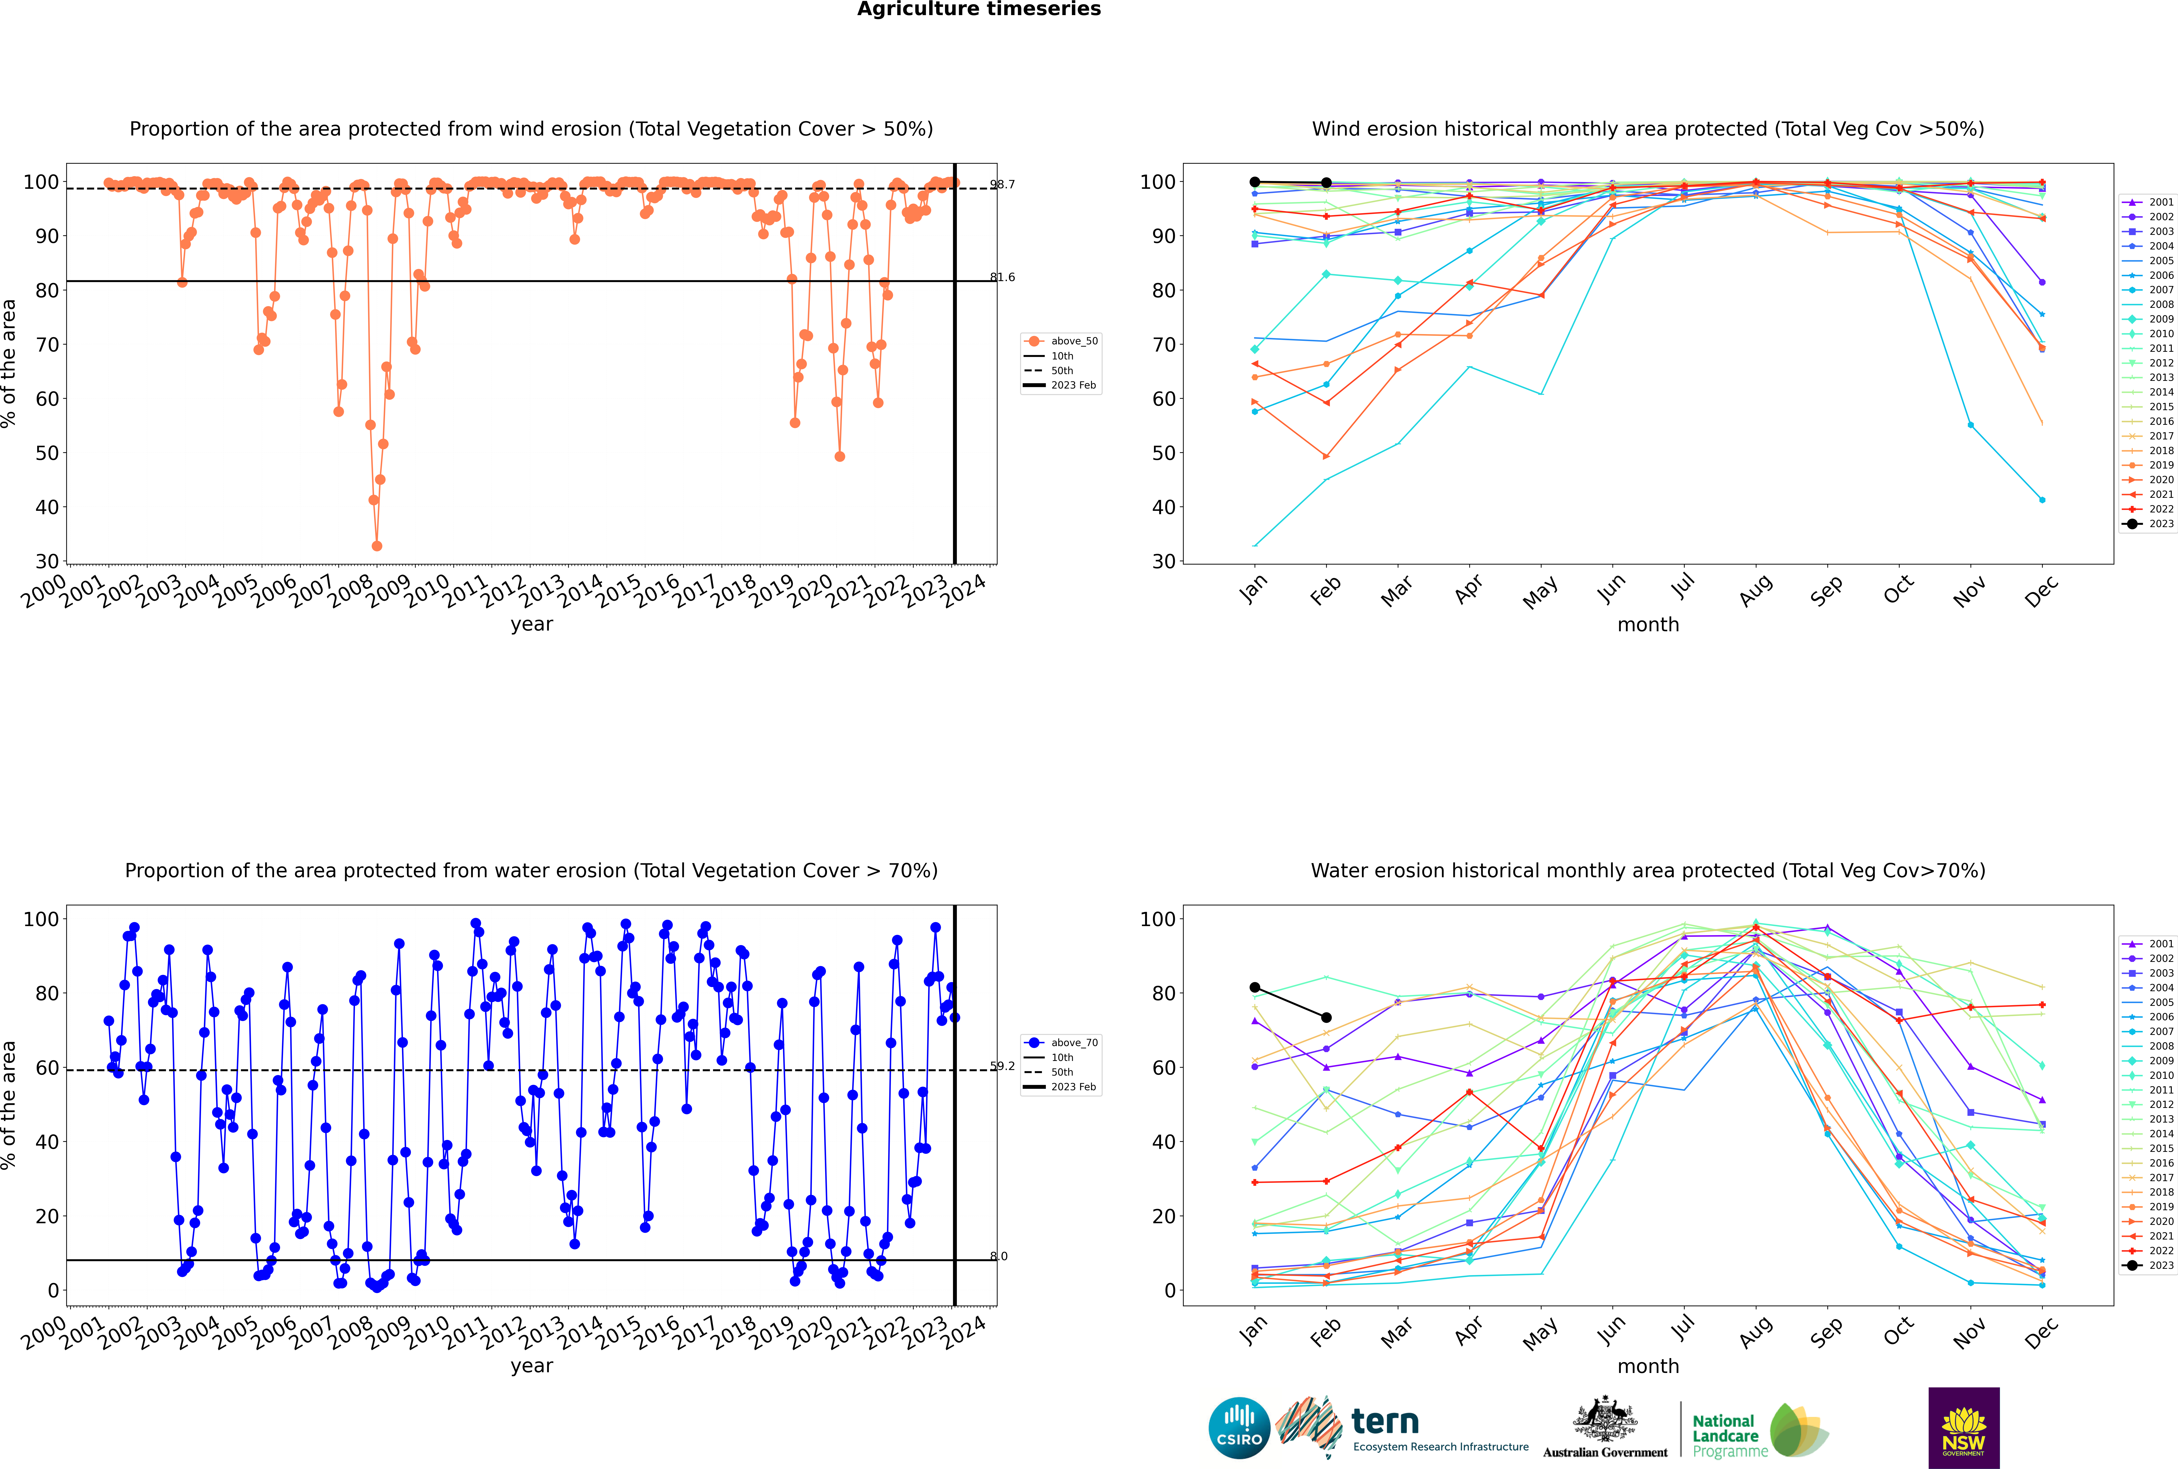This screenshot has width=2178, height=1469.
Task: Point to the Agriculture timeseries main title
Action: (979, 9)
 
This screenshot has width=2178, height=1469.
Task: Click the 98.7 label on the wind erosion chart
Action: (1002, 185)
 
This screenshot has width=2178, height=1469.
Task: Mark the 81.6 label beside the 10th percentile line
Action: (1002, 277)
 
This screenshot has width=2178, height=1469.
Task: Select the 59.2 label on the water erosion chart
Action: (1002, 1066)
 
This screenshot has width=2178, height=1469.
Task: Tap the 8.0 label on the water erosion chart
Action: (999, 1256)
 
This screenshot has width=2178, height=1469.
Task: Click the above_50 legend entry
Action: (1073, 341)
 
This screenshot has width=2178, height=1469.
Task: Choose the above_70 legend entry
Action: (1073, 1043)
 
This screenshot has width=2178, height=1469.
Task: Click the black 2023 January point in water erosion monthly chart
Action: (1255, 987)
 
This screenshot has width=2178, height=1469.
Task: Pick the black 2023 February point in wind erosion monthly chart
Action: (1326, 183)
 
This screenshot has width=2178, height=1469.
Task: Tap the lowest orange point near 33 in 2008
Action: (376, 546)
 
